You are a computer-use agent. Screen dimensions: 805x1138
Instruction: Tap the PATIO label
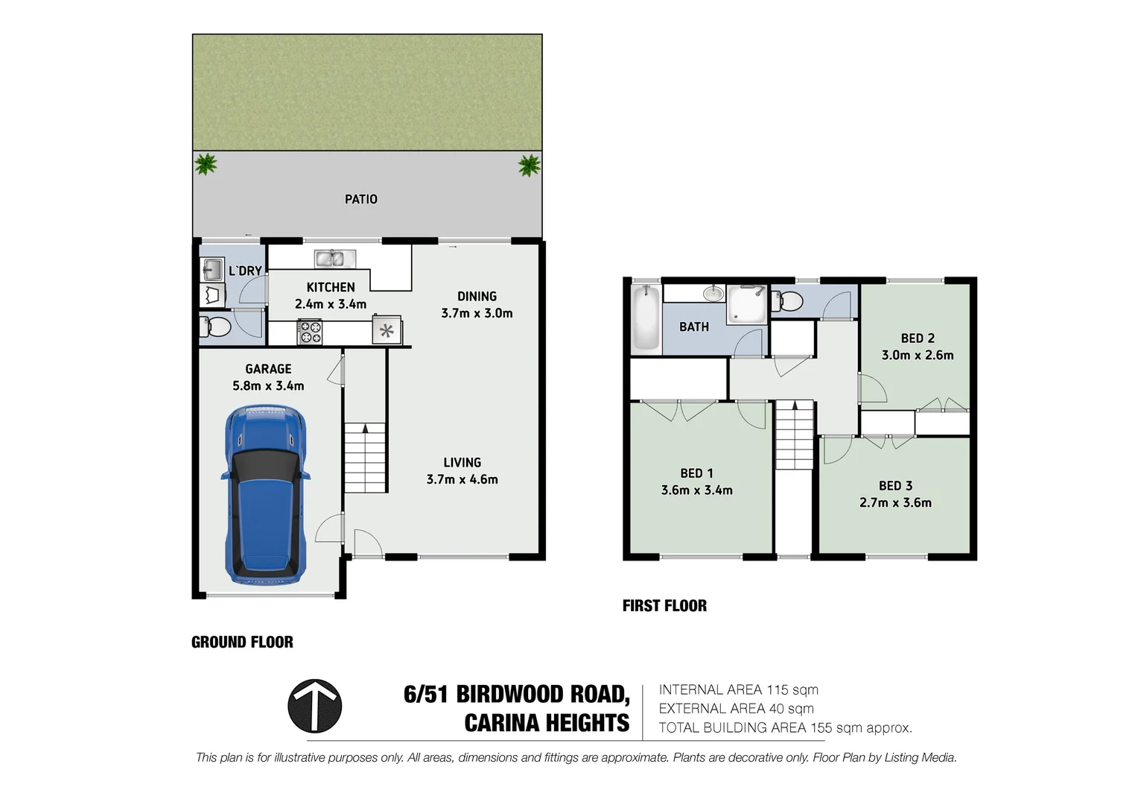click(x=361, y=199)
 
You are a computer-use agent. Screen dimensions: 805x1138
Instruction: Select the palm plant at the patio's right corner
click(x=530, y=164)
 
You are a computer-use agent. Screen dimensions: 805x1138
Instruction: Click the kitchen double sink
click(x=334, y=259)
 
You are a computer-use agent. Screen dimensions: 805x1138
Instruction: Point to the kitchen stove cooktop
click(x=310, y=331)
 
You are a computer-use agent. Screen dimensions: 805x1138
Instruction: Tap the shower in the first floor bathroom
click(x=746, y=306)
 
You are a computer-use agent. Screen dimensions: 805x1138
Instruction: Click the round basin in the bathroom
click(x=713, y=293)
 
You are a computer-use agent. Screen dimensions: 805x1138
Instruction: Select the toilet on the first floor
click(x=788, y=301)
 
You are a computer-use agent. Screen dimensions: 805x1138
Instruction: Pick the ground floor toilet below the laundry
click(x=216, y=326)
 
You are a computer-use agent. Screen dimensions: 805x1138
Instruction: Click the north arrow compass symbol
click(x=314, y=706)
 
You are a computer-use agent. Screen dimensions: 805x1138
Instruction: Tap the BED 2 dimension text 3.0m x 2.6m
click(x=917, y=356)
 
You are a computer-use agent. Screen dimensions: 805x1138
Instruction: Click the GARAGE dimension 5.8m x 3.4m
click(x=268, y=386)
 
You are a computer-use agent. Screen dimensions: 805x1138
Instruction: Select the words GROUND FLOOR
click(x=242, y=642)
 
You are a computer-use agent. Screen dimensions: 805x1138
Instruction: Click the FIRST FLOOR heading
click(x=664, y=605)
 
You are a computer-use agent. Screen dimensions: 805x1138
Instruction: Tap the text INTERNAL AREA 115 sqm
click(x=738, y=690)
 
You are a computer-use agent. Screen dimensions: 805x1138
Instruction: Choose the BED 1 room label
click(x=696, y=473)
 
